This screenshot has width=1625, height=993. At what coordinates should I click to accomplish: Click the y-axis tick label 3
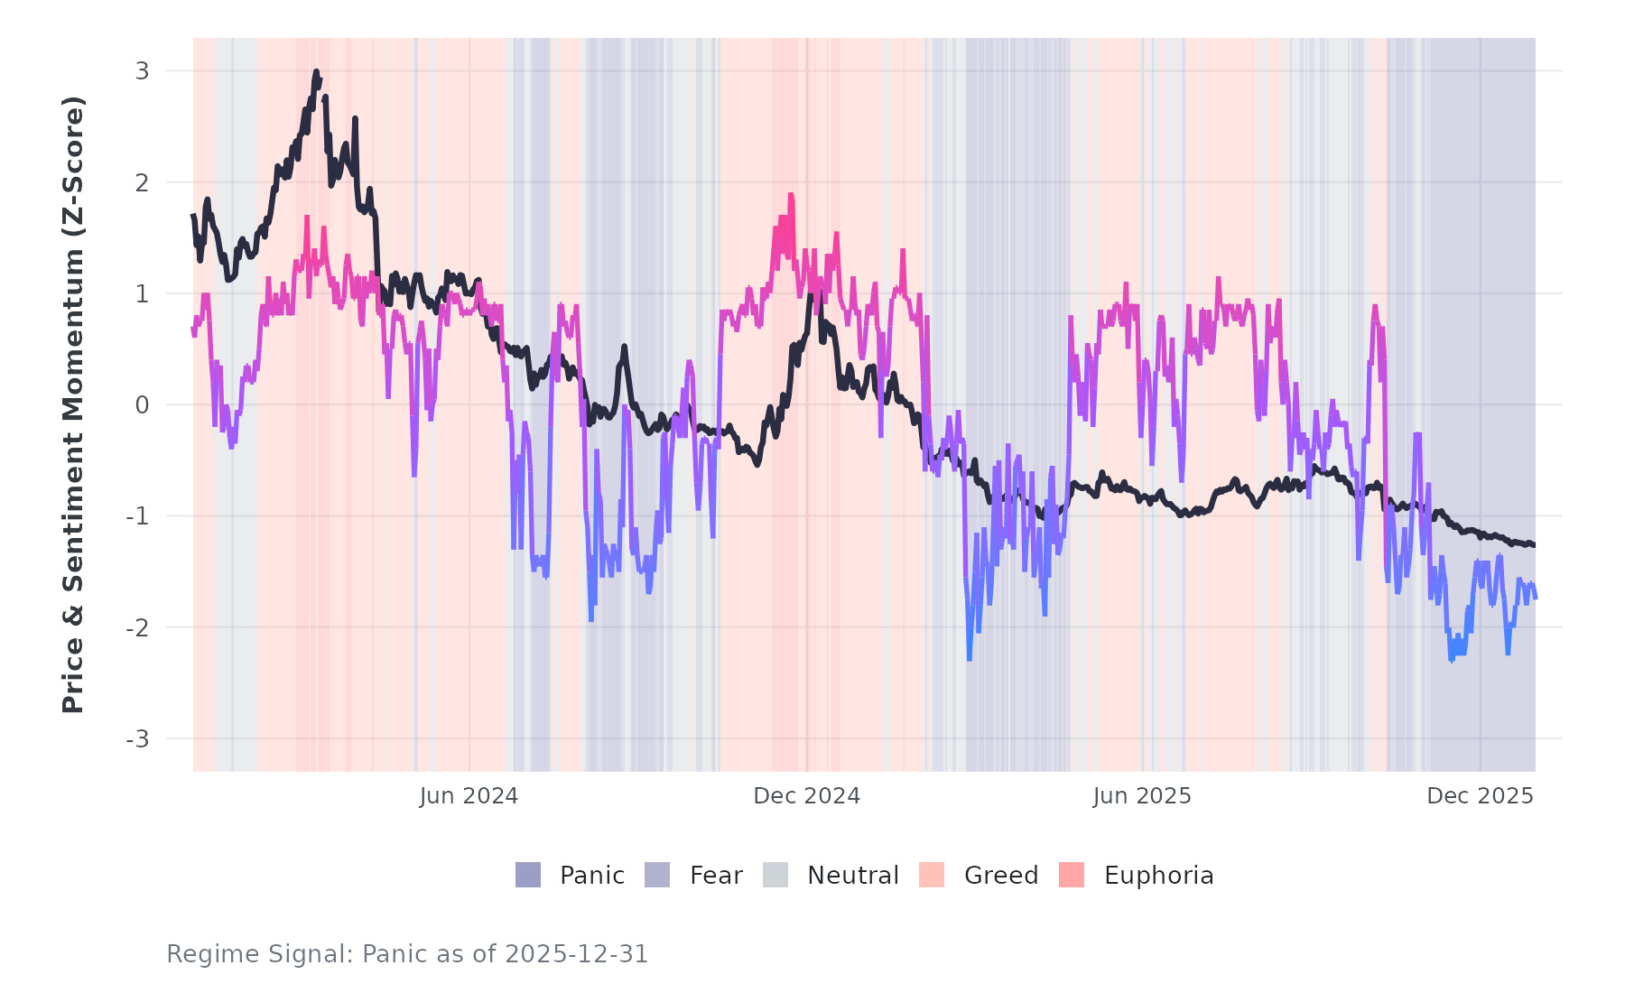click(x=142, y=71)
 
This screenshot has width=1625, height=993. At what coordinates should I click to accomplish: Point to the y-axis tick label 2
click(x=142, y=182)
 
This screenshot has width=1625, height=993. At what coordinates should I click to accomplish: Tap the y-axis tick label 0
click(x=142, y=405)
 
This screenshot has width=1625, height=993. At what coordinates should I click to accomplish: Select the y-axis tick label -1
click(x=137, y=516)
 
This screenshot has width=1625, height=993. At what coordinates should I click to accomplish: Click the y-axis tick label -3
click(x=137, y=739)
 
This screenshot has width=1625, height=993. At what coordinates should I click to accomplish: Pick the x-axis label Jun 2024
click(x=469, y=796)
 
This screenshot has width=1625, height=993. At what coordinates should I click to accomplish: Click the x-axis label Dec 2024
click(x=806, y=796)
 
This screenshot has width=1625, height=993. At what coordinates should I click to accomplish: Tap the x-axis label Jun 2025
click(x=1142, y=796)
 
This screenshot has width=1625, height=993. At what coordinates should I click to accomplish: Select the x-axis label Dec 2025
click(x=1480, y=796)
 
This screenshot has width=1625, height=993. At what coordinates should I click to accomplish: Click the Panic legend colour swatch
click(x=528, y=875)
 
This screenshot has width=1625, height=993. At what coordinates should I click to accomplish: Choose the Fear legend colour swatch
click(x=657, y=875)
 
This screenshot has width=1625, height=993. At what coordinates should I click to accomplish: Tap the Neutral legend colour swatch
click(x=775, y=875)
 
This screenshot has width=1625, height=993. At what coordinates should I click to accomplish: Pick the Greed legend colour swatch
click(x=932, y=875)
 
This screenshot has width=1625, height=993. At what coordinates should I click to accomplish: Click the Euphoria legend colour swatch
click(x=1072, y=875)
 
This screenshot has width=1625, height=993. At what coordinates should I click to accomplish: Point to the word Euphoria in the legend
click(x=1158, y=876)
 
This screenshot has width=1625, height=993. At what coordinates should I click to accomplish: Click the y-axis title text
click(x=73, y=404)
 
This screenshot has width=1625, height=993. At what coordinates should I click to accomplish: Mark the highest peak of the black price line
click(x=316, y=71)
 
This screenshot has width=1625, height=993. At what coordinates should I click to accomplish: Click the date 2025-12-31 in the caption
click(x=576, y=954)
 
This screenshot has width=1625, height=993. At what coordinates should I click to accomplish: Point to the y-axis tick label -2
click(x=137, y=628)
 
